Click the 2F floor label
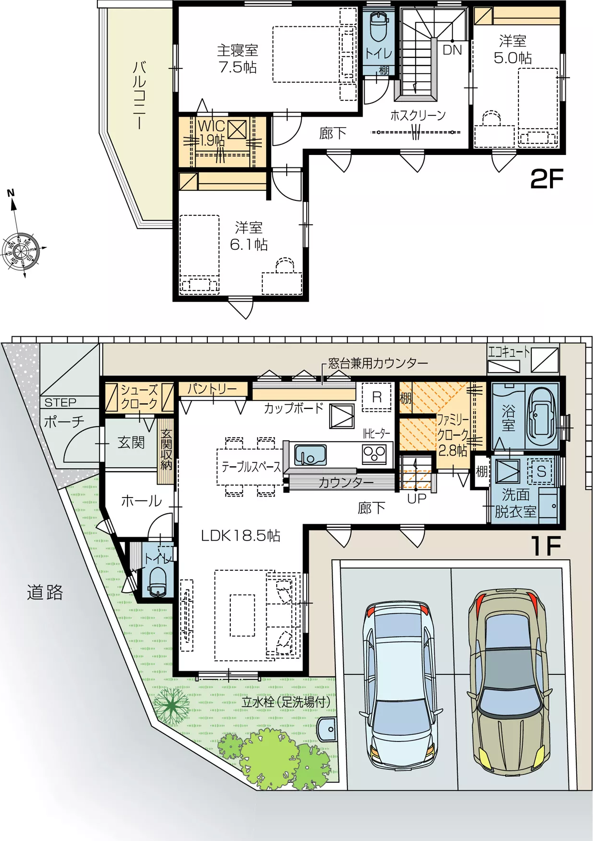[547, 179]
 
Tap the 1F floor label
[545, 546]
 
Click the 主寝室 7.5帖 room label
[237, 59]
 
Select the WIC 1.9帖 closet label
[211, 133]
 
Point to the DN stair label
[453, 50]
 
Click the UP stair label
[417, 498]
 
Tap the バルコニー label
[139, 95]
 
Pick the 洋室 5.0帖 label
[513, 49]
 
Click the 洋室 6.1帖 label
[249, 236]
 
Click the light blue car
[400, 685]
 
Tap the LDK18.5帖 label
[240, 536]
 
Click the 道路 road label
[45, 592]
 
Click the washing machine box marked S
[541, 471]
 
